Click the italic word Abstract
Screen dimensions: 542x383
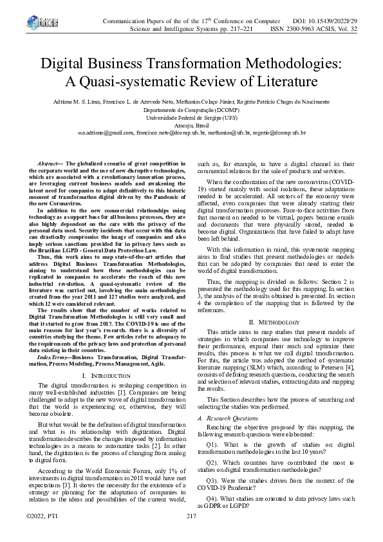[50, 165]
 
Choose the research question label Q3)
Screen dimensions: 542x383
[212, 480]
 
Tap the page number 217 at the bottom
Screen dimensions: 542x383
[191, 534]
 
